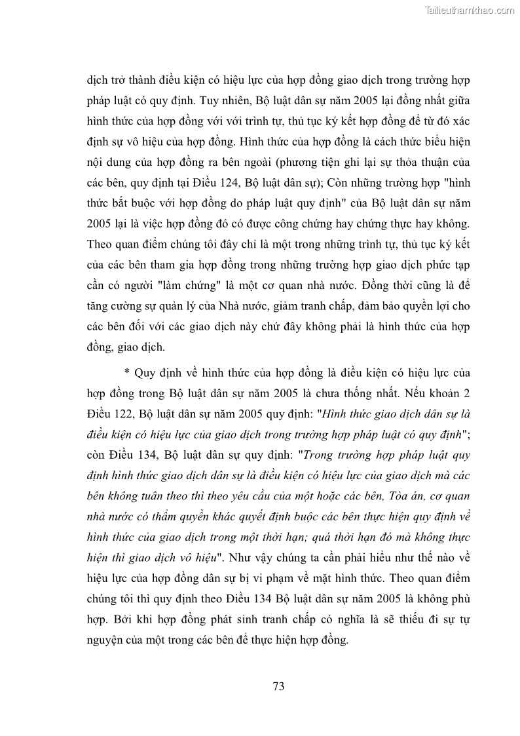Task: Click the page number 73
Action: coord(278,687)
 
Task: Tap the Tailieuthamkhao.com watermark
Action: coord(470,10)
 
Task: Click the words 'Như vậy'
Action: coord(269,557)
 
